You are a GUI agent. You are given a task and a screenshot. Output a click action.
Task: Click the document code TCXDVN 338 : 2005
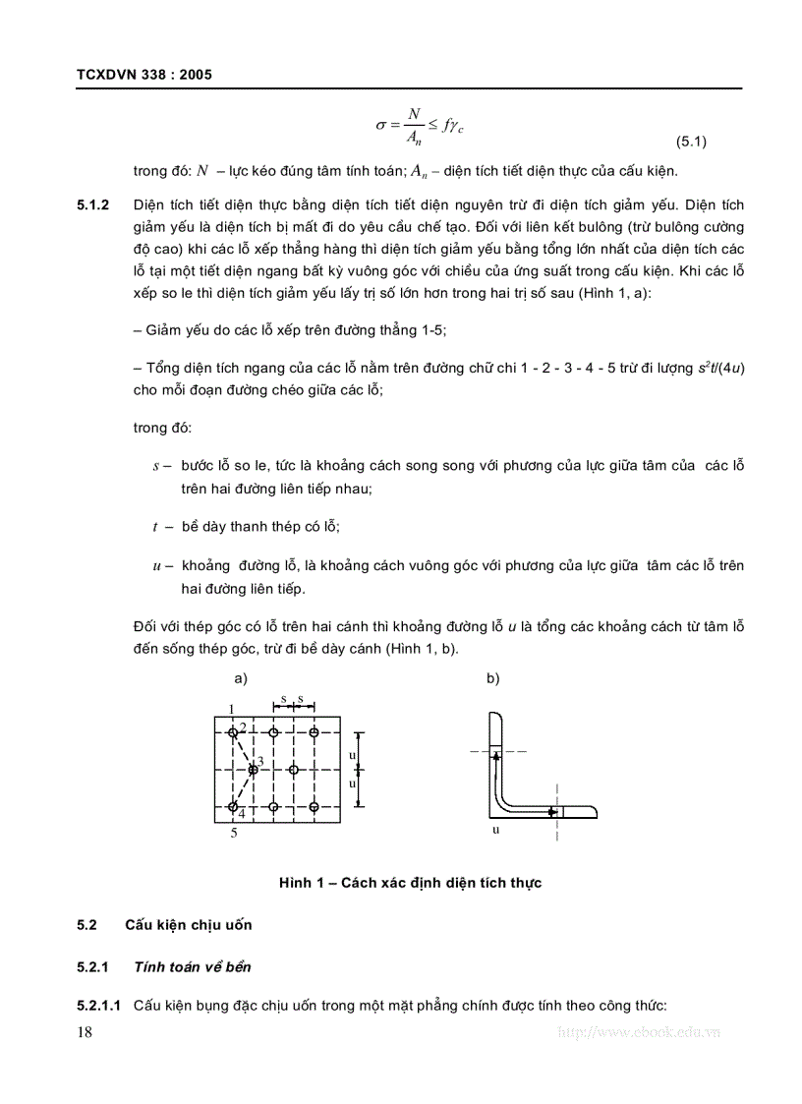coord(143,75)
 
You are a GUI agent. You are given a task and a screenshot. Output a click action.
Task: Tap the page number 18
coord(84,1031)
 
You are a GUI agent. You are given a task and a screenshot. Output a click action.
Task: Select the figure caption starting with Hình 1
coord(410,883)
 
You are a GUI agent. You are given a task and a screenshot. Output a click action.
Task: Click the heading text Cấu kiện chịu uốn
coord(188,925)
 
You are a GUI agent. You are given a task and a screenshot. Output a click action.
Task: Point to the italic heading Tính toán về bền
coord(192,966)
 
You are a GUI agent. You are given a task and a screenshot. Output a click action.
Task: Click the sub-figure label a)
coord(241,678)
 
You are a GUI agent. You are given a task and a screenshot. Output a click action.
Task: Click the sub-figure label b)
coord(492,678)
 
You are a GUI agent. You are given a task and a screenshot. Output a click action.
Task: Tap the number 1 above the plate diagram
coord(231,709)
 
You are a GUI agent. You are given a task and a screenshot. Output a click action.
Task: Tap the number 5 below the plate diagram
coord(234,833)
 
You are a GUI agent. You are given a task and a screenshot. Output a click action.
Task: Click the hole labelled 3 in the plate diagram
coord(253,769)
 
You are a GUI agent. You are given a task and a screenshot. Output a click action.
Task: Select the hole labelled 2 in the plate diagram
coord(233,732)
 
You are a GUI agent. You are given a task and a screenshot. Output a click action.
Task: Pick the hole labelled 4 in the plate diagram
coord(233,807)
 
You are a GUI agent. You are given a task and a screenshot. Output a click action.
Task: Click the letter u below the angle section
coord(496,829)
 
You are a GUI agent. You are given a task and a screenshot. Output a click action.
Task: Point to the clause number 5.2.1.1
coord(98,1006)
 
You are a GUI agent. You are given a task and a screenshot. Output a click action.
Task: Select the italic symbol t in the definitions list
coord(155,527)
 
